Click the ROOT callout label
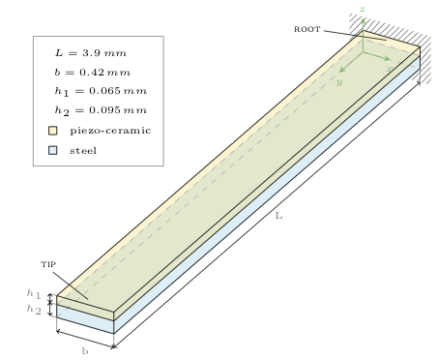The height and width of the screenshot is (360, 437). [307, 29]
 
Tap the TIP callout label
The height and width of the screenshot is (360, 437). [48, 264]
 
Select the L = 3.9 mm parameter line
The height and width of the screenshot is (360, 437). [91, 53]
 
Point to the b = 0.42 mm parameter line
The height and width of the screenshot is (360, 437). [93, 73]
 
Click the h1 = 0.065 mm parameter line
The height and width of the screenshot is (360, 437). [101, 92]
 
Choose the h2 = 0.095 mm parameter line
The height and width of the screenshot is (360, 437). [101, 111]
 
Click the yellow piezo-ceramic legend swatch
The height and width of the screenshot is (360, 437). [53, 131]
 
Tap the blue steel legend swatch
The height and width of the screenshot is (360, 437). [53, 150]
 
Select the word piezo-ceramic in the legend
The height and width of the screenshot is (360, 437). [110, 131]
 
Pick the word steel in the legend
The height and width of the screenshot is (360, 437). [83, 150]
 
